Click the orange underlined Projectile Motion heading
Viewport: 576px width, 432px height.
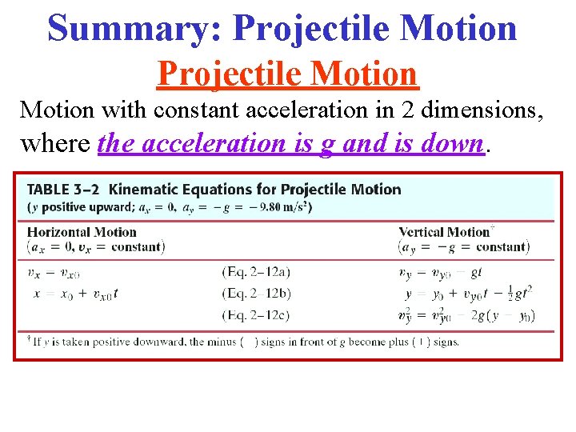click(x=287, y=74)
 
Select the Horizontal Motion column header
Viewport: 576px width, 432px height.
click(x=82, y=233)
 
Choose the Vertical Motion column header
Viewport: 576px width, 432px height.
click(x=444, y=233)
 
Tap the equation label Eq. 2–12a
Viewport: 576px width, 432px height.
click(x=256, y=273)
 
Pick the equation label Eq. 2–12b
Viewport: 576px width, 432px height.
click(x=256, y=294)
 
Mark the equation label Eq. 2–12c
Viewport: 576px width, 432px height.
click(x=256, y=315)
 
